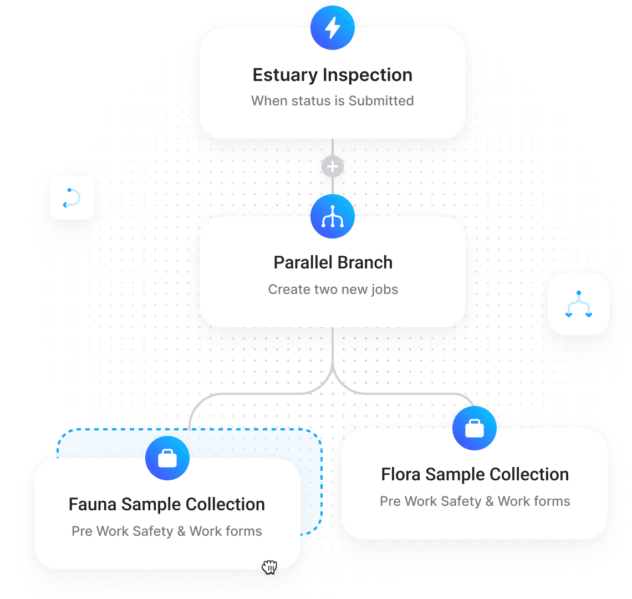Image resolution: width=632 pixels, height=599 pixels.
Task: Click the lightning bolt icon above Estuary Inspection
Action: pyautogui.click(x=333, y=28)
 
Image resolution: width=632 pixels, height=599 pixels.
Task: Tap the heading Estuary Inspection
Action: pyautogui.click(x=333, y=75)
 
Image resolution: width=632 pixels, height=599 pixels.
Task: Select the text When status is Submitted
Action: pyautogui.click(x=333, y=101)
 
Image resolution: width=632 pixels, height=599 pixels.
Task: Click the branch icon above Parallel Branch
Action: pyautogui.click(x=333, y=216)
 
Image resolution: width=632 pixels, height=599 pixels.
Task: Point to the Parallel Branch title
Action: pyautogui.click(x=333, y=262)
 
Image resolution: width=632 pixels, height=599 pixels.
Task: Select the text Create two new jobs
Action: pyautogui.click(x=333, y=290)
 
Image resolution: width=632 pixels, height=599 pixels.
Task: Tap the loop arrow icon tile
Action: pyautogui.click(x=72, y=197)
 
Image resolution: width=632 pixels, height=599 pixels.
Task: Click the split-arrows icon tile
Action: pyautogui.click(x=579, y=304)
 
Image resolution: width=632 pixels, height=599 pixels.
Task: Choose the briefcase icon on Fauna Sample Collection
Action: pyautogui.click(x=167, y=459)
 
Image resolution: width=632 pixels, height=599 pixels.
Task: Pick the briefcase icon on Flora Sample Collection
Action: pyautogui.click(x=475, y=428)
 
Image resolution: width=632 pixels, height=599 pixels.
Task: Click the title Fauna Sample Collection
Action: pyautogui.click(x=167, y=504)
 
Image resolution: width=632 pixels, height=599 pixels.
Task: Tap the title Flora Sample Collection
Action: pyautogui.click(x=475, y=475)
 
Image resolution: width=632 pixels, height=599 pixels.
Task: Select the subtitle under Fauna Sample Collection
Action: pyautogui.click(x=167, y=531)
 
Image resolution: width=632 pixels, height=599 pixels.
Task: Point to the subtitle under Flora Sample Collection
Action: pyautogui.click(x=475, y=501)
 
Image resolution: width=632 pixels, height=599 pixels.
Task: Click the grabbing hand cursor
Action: pyautogui.click(x=269, y=567)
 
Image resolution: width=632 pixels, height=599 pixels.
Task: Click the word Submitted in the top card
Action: pyautogui.click(x=381, y=101)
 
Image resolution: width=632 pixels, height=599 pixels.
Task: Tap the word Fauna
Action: pyautogui.click(x=93, y=504)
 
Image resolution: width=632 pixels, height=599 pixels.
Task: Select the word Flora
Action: pyautogui.click(x=401, y=475)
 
